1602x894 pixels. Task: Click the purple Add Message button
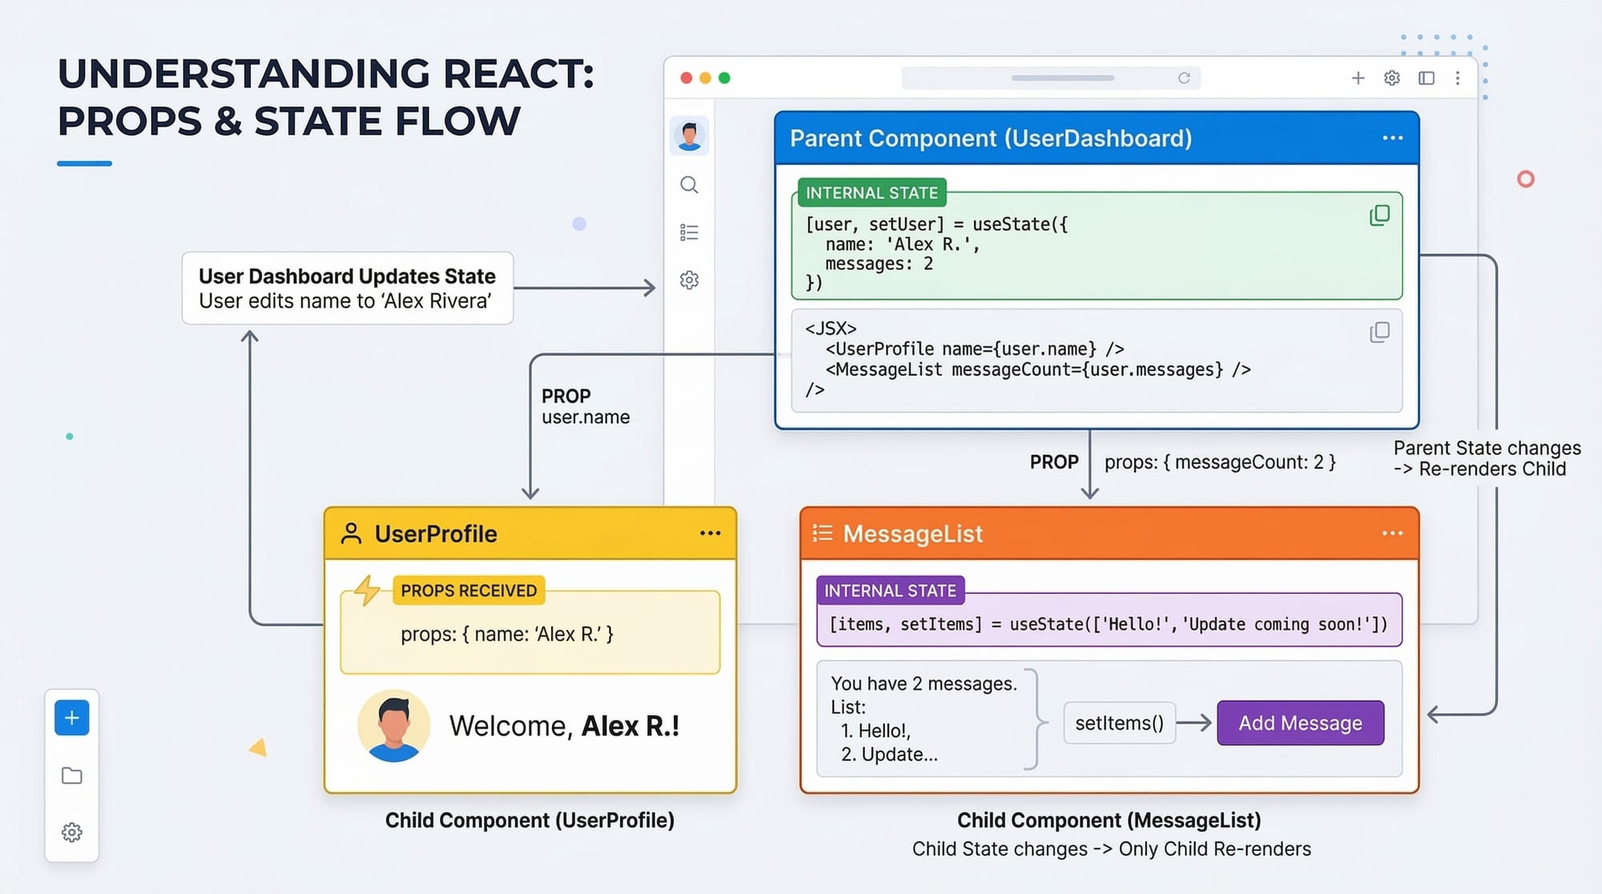1300,723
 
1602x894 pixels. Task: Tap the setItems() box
1119,723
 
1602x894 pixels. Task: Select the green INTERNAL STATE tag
871,193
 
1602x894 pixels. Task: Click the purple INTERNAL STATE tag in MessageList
890,590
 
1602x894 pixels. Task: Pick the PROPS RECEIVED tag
469,590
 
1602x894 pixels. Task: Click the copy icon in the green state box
1379,215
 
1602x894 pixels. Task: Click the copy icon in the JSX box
1379,332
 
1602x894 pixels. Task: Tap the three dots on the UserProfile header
710,534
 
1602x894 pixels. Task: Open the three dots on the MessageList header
1392,534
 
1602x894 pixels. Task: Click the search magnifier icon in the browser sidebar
689,185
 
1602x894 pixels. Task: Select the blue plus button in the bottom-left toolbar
72,718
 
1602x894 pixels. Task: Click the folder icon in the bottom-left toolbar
72,775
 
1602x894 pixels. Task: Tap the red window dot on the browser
686,78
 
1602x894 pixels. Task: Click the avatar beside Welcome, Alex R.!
393,725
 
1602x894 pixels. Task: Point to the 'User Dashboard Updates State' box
347,288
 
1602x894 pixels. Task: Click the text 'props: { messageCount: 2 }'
1219,462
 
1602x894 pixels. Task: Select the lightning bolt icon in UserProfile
367,590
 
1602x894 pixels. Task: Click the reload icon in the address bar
1184,78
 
